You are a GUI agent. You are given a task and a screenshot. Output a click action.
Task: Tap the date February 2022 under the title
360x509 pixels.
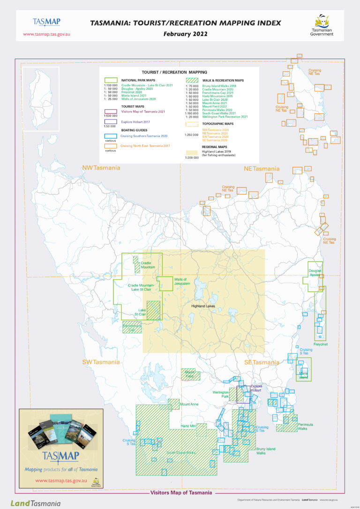185,34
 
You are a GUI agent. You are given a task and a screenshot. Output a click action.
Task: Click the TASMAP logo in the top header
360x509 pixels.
46,22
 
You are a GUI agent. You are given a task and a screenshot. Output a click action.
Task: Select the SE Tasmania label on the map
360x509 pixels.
262,362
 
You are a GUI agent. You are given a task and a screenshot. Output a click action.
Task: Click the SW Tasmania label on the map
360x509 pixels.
101,362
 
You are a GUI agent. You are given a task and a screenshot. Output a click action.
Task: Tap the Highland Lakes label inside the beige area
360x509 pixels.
203,306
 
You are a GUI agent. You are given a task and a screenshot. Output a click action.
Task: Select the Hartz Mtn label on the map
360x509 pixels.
188,426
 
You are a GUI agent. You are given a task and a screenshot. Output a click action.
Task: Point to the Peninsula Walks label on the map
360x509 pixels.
305,427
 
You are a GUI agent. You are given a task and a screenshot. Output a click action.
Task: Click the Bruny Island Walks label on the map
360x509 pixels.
266,451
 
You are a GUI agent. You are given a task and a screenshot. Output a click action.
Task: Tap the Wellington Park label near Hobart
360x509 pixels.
220,394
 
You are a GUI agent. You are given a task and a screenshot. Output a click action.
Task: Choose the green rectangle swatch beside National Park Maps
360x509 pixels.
111,80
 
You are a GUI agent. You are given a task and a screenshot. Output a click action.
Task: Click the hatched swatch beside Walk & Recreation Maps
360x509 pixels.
192,80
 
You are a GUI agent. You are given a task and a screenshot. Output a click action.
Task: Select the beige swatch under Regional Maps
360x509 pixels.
192,152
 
